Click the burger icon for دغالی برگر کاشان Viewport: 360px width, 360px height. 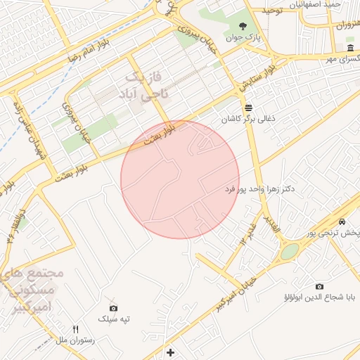click(x=248, y=108)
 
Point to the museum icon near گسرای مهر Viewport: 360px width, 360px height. click(x=350, y=47)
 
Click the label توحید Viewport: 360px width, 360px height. click(x=272, y=11)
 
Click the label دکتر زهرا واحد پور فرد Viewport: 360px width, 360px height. click(x=259, y=190)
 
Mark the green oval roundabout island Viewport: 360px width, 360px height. click(x=289, y=251)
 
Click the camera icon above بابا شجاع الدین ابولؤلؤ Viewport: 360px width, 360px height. click(x=320, y=287)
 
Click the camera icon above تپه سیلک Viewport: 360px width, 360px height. click(x=114, y=308)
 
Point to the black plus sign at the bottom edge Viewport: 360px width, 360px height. click(x=169, y=352)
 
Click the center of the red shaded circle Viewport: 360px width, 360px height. click(x=180, y=179)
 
